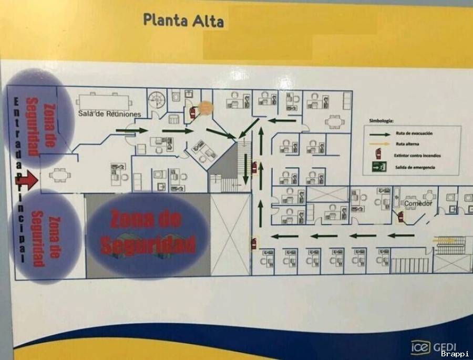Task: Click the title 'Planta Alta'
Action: (x=183, y=20)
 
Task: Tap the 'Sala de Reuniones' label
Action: (x=110, y=114)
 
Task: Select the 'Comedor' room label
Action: (x=418, y=203)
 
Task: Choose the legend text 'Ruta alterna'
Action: (x=408, y=144)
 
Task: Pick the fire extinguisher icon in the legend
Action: (x=377, y=155)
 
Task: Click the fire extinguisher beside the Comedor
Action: (x=400, y=216)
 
